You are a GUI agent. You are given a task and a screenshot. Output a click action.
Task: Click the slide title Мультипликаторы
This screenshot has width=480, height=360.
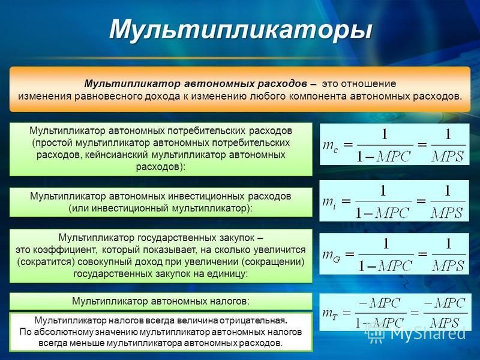pyautogui.click(x=241, y=30)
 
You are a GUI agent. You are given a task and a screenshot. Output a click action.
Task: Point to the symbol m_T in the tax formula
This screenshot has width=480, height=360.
pyautogui.click(x=330, y=313)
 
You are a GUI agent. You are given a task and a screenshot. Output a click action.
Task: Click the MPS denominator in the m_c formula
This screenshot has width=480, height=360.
pyautogui.click(x=448, y=157)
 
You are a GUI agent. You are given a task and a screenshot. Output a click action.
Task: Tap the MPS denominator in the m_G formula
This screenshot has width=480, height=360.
pyautogui.click(x=448, y=266)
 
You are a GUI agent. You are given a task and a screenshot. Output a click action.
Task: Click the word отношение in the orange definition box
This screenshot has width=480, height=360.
pyautogui.click(x=368, y=83)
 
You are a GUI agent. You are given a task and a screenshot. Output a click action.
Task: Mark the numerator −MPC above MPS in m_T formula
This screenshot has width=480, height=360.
pyautogui.click(x=445, y=303)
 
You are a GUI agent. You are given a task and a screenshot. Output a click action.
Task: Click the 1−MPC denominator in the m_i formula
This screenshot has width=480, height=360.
pyautogui.click(x=382, y=213)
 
